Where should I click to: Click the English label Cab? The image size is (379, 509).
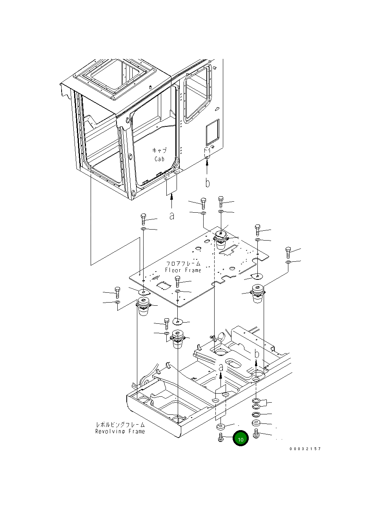159,159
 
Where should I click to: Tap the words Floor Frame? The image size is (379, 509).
183,270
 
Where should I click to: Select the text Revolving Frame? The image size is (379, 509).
120,431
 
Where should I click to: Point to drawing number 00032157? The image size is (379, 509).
305,449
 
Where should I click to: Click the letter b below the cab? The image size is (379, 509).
208,182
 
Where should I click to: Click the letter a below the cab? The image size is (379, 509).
171,216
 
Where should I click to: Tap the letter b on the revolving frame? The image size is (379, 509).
257,354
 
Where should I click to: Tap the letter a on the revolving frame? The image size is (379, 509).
221,368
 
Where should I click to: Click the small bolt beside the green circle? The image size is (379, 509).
220,437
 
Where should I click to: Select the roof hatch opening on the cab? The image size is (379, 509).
116,77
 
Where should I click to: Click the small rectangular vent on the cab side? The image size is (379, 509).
212,132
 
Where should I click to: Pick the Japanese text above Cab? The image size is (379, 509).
159,150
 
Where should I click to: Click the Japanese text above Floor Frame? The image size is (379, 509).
183,263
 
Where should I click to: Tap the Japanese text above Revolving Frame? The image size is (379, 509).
120,425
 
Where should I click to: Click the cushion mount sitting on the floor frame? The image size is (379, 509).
220,239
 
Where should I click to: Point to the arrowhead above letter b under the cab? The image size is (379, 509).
207,163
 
